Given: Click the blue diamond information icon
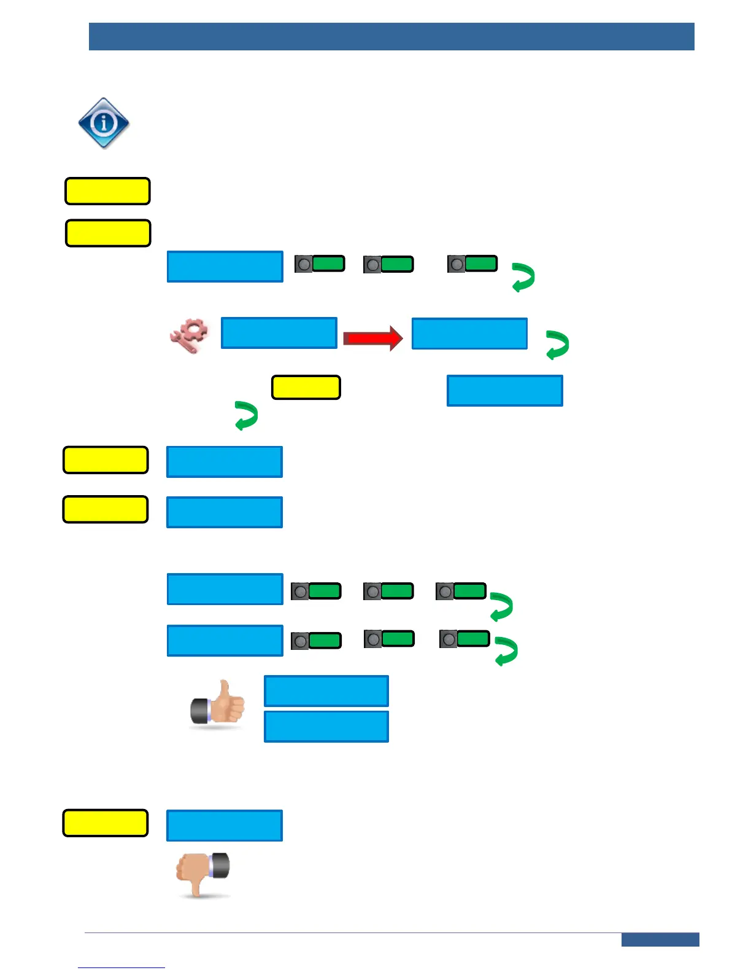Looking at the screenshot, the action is point(104,123).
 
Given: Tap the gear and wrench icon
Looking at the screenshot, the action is point(189,335).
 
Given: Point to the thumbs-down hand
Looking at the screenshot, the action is point(202,873).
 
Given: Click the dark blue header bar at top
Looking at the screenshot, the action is point(391,36).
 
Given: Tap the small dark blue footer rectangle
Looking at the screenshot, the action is point(660,939).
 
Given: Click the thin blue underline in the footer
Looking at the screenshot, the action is point(121,967).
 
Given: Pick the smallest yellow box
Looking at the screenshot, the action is point(306,388).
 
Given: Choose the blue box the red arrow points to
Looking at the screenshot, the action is point(469,334).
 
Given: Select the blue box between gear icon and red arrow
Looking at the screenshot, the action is point(279,333).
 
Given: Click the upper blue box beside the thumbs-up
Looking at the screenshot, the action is point(326,691).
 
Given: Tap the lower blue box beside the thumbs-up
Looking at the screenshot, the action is point(326,727).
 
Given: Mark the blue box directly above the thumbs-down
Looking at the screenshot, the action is point(225,825).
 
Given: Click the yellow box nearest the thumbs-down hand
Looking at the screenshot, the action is point(106,823).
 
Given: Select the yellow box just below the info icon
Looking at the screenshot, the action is point(107,191).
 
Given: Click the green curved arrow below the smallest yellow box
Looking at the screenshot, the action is point(247,416).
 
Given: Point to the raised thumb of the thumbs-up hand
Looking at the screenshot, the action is point(225,689).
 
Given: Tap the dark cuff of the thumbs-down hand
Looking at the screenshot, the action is point(219,866).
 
